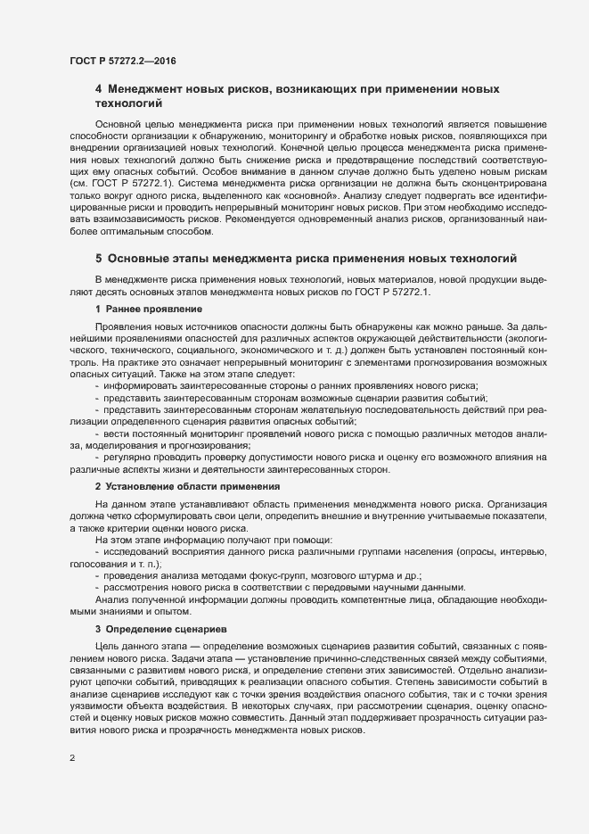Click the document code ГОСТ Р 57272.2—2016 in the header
[x=120, y=60]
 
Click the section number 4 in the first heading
[x=99, y=90]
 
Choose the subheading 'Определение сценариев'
[x=164, y=629]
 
